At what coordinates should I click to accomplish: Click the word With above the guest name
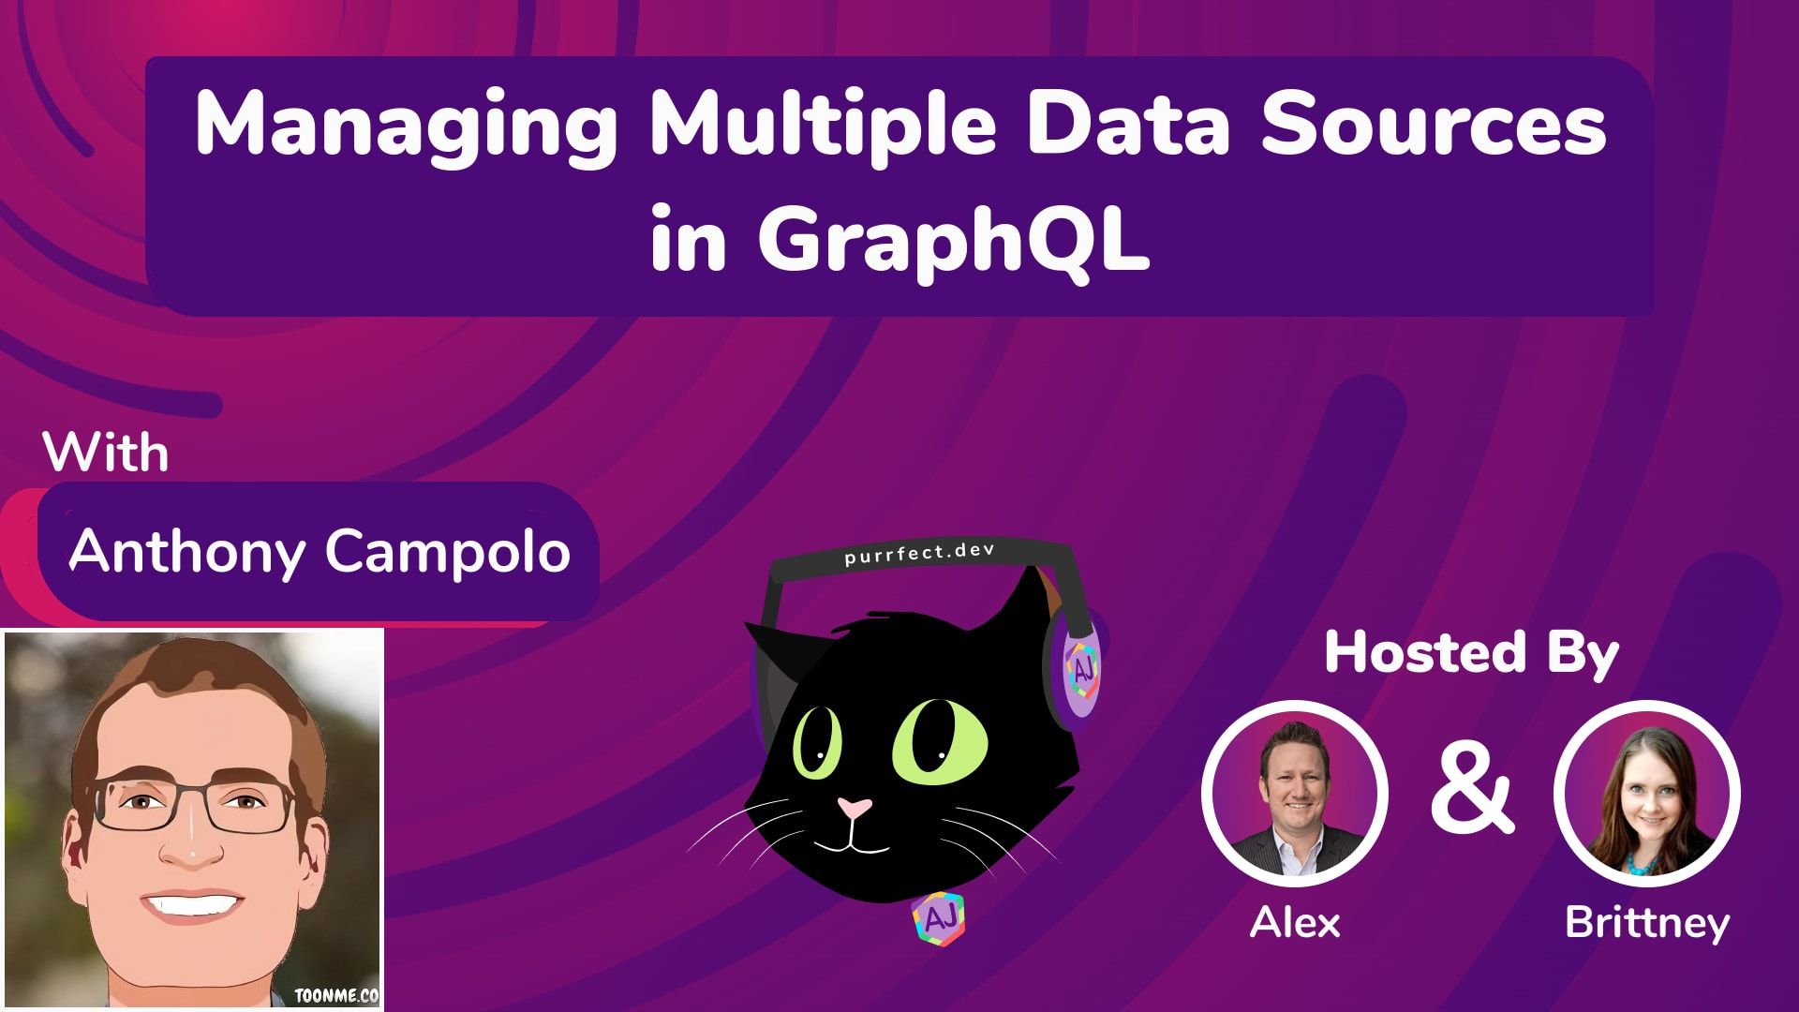[106, 454]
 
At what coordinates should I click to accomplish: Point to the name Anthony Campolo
[320, 551]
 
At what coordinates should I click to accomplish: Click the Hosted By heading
[1471, 652]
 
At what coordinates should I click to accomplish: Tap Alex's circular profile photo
[1294, 794]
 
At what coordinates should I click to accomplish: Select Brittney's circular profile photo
[1646, 794]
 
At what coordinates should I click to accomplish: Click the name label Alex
[1294, 923]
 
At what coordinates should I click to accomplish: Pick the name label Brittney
[1646, 923]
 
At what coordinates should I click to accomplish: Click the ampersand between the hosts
[1471, 792]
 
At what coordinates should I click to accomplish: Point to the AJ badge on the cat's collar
[938, 919]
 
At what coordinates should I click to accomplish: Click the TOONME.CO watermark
[336, 995]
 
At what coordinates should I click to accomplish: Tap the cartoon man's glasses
[194, 805]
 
